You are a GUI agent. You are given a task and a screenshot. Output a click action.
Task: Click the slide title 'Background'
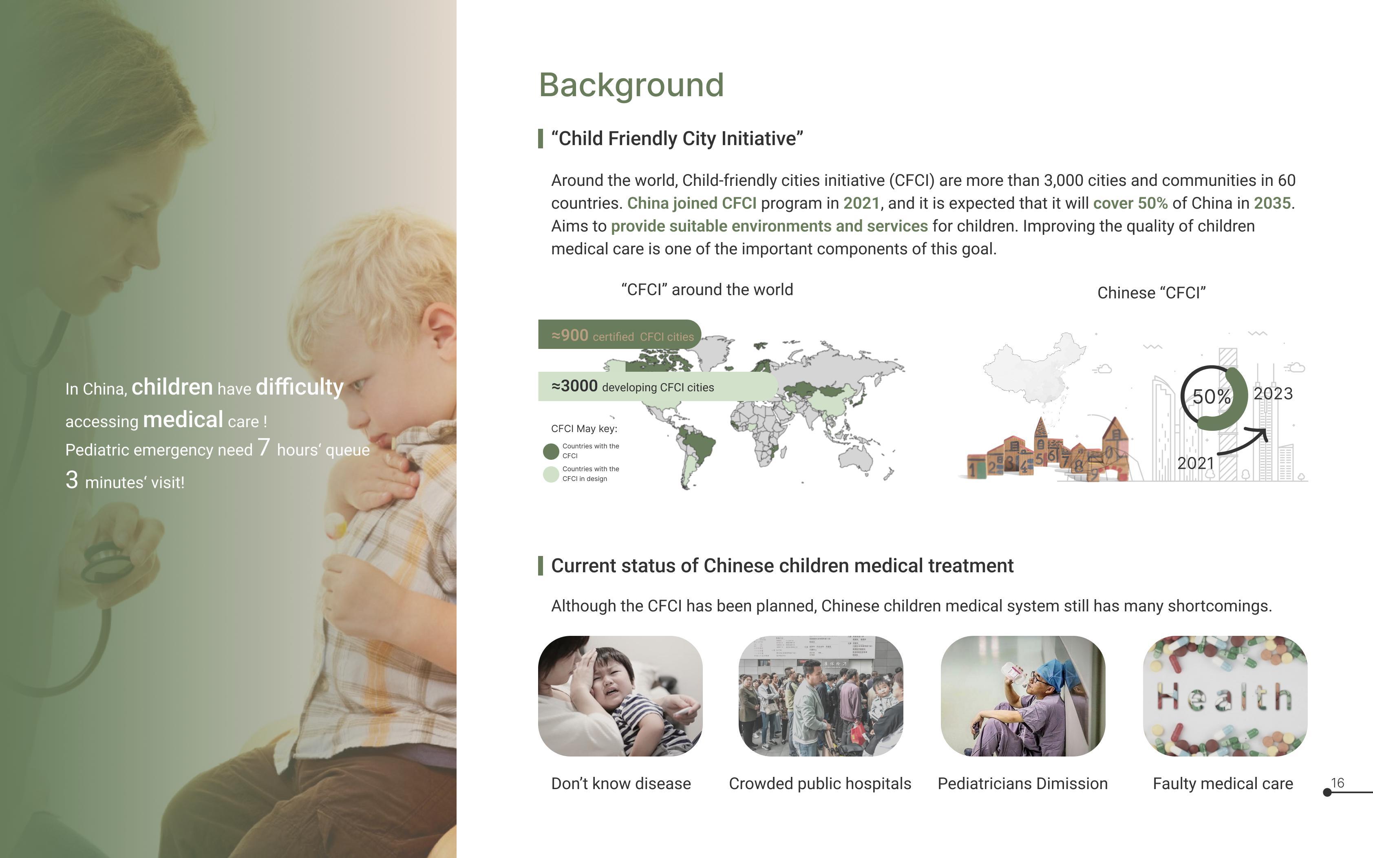tap(631, 85)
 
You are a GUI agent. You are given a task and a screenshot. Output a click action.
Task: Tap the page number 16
tap(1337, 783)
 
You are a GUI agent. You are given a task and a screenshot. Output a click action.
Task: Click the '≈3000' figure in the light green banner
tap(574, 386)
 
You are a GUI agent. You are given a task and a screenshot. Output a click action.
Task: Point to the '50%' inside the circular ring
tap(1211, 397)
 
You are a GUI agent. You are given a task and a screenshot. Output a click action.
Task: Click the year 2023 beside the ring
tap(1273, 393)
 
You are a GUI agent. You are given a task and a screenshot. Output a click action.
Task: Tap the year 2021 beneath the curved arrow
tap(1195, 463)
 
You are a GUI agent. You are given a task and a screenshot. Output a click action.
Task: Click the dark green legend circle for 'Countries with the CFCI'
tap(551, 451)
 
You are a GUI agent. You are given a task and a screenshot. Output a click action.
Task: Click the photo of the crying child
tap(620, 696)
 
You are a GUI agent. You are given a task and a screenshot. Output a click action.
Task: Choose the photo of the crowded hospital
tap(820, 696)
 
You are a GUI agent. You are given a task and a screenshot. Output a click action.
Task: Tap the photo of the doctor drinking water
tap(1023, 696)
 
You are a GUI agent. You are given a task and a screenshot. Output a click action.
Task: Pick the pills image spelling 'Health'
tap(1225, 696)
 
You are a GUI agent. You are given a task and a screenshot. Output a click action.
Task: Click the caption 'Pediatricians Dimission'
tap(1022, 784)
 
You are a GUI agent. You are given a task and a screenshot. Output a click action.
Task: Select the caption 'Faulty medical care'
tap(1223, 784)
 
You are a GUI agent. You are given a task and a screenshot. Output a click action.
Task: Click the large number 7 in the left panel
tap(264, 447)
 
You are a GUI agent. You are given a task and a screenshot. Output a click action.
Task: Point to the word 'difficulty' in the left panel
tap(300, 387)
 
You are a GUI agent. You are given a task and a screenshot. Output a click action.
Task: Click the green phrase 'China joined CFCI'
tap(692, 203)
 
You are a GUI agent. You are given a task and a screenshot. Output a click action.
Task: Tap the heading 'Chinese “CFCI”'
tap(1151, 293)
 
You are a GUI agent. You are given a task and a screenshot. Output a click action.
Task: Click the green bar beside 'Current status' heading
tap(540, 566)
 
